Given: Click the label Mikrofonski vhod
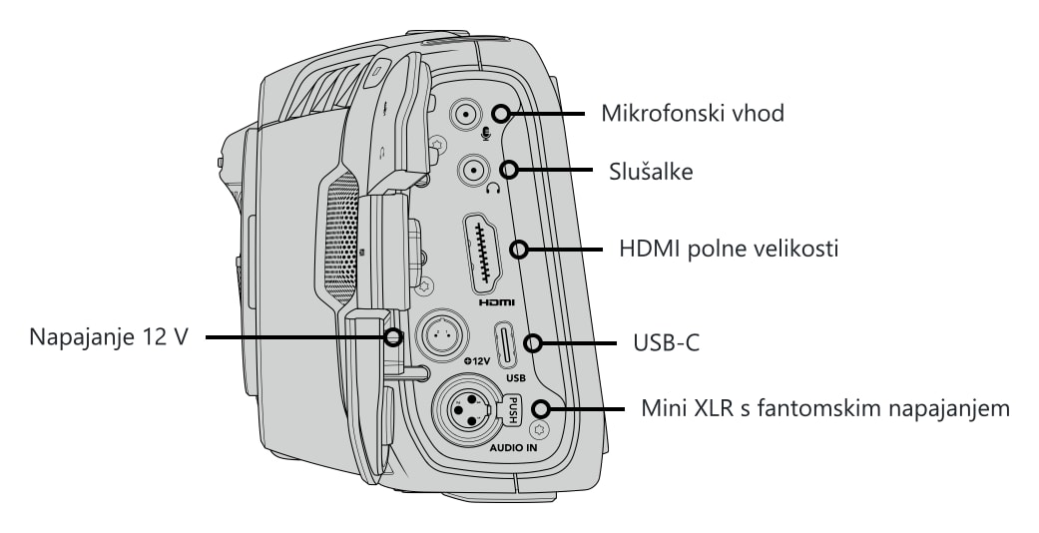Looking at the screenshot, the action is point(693,114).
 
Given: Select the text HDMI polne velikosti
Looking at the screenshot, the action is point(729,250).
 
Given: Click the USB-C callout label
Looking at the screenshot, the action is point(666,343).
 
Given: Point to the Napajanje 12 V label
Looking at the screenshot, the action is point(109,336).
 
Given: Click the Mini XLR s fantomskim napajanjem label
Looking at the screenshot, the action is point(825,407).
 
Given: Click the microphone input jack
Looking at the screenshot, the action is point(467,116).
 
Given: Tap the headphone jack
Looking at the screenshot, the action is point(474,172).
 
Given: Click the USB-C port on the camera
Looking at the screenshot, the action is point(508,344).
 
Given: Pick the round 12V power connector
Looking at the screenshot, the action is point(440,335).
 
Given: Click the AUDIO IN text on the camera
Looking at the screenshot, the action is point(513,448).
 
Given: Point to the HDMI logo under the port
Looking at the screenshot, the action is point(496,303).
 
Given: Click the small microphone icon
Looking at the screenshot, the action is point(486,134).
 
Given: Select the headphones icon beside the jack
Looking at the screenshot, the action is point(492,189).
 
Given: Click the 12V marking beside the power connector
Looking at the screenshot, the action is point(477,361).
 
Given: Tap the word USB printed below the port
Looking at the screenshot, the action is point(515,378).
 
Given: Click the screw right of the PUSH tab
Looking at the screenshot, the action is point(540,429).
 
